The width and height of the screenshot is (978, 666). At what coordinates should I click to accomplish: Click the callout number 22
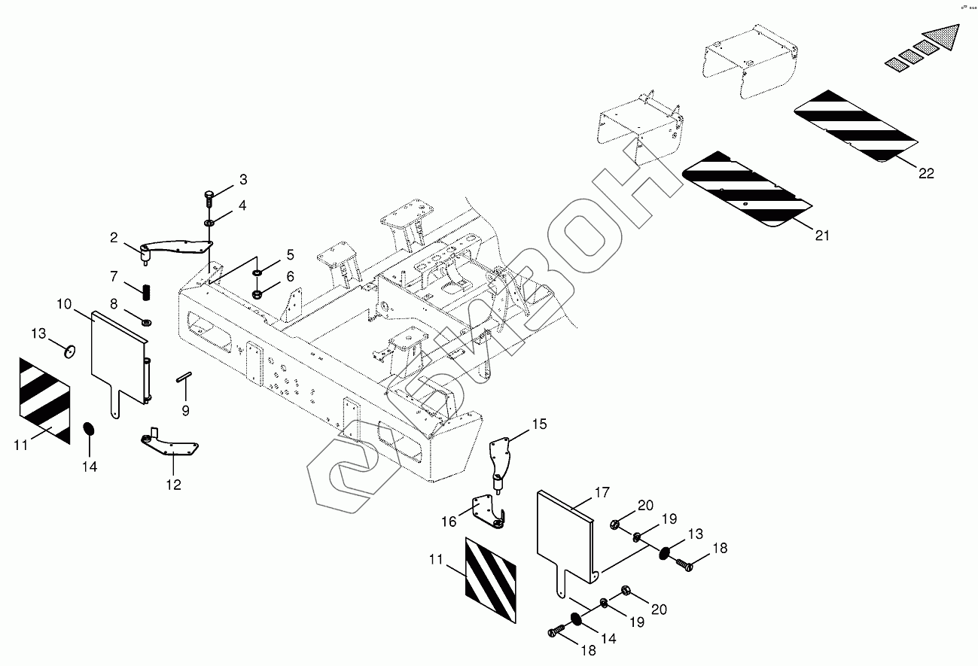(925, 173)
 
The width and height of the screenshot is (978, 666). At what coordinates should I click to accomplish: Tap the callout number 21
(821, 236)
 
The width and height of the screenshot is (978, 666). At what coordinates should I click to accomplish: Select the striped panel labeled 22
(856, 126)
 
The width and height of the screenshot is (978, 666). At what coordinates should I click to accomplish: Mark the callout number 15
(539, 424)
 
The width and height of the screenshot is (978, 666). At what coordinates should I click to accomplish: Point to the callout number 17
(602, 494)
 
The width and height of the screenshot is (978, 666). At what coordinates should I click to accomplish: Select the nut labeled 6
(257, 293)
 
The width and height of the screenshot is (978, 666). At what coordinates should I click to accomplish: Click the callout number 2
(114, 238)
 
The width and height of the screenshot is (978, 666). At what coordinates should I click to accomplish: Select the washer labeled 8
(146, 321)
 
